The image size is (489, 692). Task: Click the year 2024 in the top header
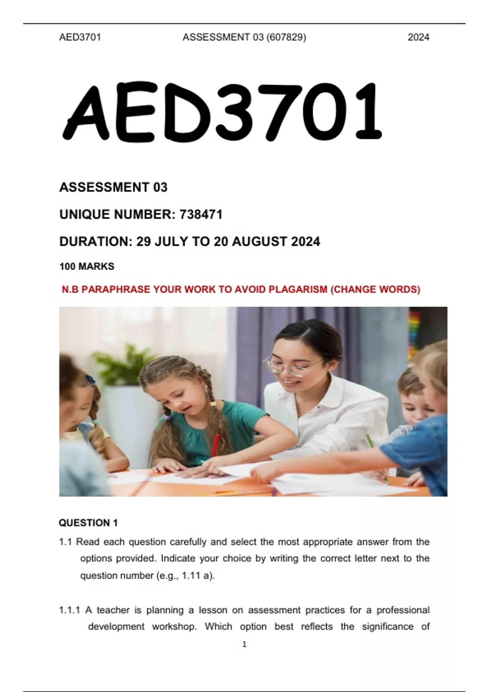click(x=418, y=37)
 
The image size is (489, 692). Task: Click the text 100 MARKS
click(x=87, y=267)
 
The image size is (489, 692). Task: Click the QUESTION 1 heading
click(x=88, y=523)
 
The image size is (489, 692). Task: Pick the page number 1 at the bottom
click(x=244, y=644)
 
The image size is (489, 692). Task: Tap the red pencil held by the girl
click(x=215, y=445)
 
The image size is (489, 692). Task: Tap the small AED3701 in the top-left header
click(x=80, y=37)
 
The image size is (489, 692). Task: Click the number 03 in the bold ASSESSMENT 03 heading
click(x=160, y=187)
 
